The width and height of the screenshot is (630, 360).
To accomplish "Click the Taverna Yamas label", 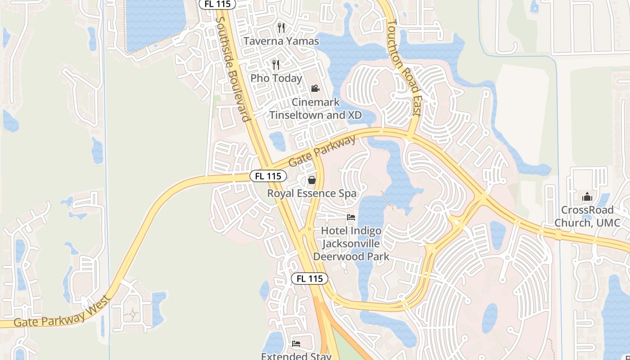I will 281,41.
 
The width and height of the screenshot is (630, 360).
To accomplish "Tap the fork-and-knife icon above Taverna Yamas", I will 281,28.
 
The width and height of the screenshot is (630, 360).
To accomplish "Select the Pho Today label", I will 276,78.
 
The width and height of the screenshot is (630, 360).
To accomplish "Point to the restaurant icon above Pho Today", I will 276,65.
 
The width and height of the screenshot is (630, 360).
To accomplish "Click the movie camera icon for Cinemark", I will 315,88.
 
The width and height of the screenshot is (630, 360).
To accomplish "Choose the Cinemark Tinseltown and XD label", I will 315,108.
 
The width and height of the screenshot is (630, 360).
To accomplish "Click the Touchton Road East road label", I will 404,67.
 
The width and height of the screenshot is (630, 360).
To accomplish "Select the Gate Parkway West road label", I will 62,312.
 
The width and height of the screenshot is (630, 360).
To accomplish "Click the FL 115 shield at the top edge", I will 217,4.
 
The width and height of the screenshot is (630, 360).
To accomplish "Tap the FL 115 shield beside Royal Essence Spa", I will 268,176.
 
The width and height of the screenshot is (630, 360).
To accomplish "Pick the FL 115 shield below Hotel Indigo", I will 310,279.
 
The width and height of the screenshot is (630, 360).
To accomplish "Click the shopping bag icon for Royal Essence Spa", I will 311,180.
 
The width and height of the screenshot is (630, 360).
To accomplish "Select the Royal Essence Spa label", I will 312,193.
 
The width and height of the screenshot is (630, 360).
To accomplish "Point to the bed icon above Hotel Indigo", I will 351,217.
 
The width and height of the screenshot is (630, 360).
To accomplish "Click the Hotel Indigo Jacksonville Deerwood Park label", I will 351,244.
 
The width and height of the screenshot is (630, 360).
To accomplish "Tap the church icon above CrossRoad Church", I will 587,197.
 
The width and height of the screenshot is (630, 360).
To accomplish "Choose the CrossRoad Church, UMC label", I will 587,216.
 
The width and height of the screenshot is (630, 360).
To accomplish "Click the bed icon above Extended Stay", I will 296,344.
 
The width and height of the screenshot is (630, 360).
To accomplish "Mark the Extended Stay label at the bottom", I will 296,356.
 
